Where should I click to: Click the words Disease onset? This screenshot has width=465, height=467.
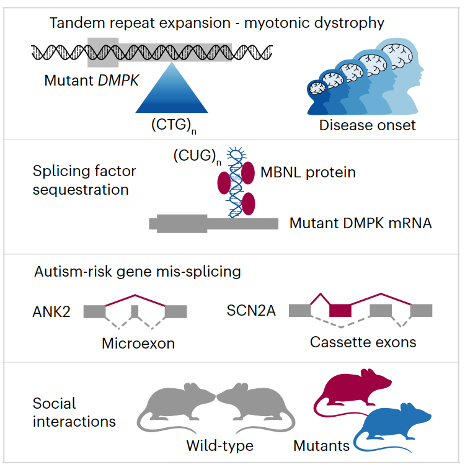point(367,125)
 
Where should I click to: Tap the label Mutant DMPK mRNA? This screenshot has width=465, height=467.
point(360,223)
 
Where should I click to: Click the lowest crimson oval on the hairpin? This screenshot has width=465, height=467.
point(249,203)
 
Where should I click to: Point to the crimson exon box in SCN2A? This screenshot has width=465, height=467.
point(340,311)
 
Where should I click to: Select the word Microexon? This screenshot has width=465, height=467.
point(138,342)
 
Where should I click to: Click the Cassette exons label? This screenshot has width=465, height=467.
point(363,342)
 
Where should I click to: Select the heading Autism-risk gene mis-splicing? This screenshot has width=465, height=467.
point(138,272)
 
